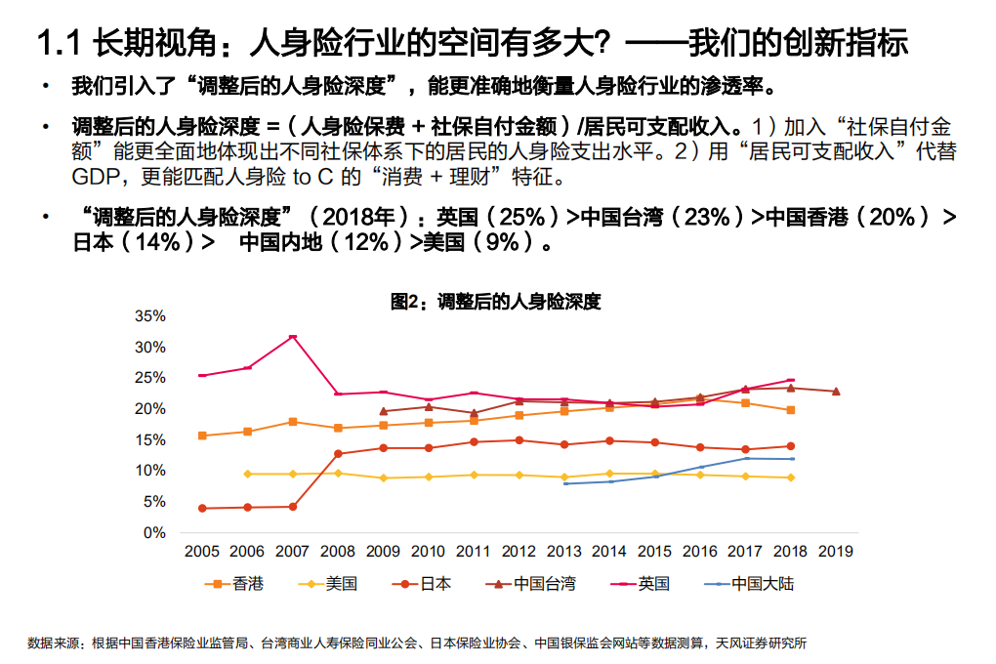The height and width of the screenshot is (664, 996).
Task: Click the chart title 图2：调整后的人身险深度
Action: [x=496, y=302]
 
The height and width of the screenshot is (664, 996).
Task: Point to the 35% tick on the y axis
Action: [x=150, y=315]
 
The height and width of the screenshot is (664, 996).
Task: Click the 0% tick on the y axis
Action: [x=154, y=533]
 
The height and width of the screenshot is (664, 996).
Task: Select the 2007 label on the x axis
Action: [x=292, y=552]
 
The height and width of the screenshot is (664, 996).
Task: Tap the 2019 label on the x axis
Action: [x=835, y=552]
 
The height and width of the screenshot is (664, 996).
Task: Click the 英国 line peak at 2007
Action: [x=292, y=337]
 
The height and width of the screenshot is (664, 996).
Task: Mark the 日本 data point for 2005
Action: [x=202, y=508]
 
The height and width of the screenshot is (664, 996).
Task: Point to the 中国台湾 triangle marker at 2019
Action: [x=835, y=392]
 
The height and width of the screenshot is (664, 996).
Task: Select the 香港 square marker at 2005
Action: [x=202, y=436]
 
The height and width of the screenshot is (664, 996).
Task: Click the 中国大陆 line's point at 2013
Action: [x=564, y=483]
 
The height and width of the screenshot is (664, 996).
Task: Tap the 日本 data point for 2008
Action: [x=338, y=453]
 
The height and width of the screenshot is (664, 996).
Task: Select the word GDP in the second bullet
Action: [x=93, y=178]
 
